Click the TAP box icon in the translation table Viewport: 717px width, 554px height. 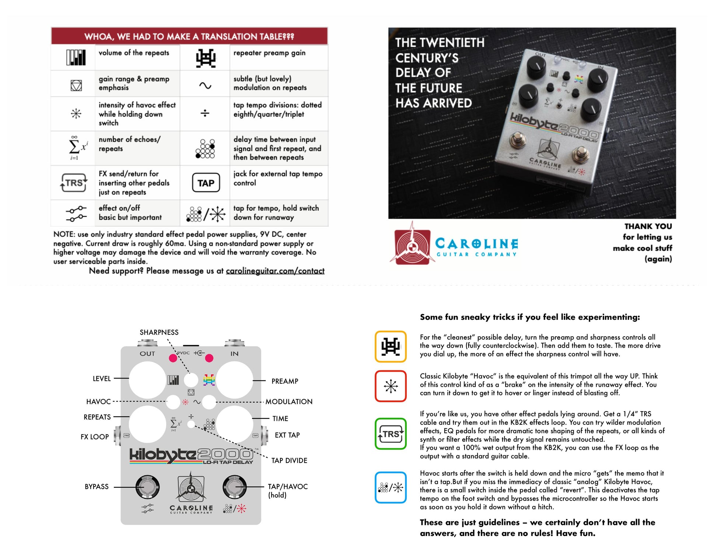coord(206,183)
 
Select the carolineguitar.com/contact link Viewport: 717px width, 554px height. coord(275,271)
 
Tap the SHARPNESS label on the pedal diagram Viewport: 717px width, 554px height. coord(159,332)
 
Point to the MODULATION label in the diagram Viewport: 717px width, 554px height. coord(289,402)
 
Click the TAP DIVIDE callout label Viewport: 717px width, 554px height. coord(289,460)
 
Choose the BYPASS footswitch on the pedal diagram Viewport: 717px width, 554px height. coord(147,487)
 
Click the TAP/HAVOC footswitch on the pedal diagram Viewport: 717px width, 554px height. coord(235,487)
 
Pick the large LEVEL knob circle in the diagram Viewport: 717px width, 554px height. coord(147,380)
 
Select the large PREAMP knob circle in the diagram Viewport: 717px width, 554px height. coord(234,380)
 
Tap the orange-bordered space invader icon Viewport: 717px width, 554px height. coord(391,347)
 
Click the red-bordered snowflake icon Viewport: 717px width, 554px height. coord(391,386)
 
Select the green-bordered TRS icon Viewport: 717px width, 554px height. coord(391,434)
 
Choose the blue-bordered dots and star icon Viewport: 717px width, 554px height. coord(391,488)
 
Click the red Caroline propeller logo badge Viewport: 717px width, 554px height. coord(412,246)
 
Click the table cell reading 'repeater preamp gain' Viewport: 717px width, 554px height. coord(269,53)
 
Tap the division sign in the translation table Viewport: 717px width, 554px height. coord(205,113)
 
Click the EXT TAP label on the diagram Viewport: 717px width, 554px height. coord(287,435)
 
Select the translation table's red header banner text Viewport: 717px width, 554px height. coord(189,36)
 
